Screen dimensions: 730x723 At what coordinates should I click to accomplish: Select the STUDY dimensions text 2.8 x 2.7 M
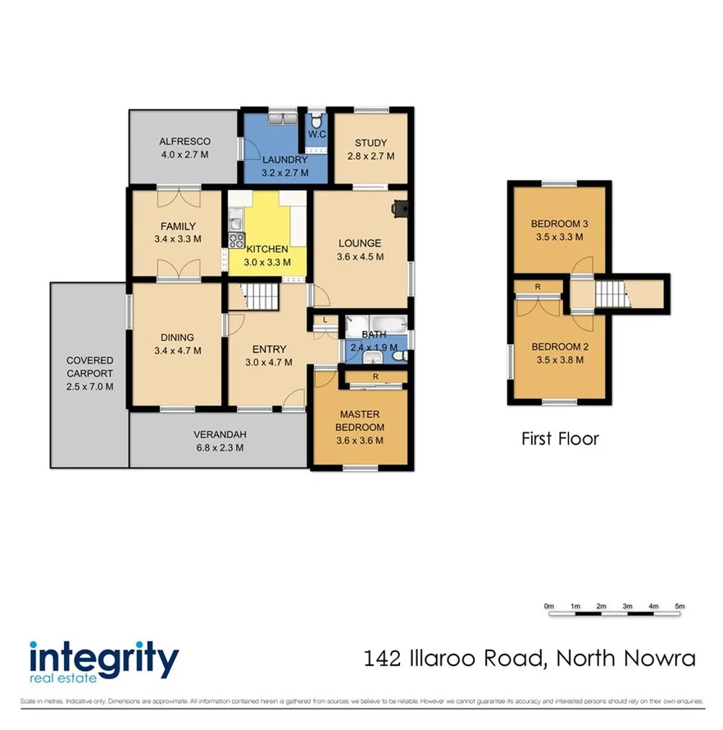click(x=371, y=156)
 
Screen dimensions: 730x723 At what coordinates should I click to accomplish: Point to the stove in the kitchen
click(x=236, y=241)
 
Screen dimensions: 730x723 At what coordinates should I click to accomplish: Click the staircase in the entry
click(x=263, y=296)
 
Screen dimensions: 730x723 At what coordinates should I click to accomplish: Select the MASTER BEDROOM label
click(x=360, y=421)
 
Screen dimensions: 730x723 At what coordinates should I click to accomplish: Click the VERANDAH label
click(x=220, y=434)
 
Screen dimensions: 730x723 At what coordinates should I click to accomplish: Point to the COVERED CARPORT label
click(x=90, y=366)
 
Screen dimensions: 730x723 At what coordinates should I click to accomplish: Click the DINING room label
click(x=177, y=337)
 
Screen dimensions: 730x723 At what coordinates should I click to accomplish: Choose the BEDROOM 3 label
click(x=557, y=224)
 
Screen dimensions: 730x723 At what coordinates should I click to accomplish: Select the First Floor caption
click(x=560, y=439)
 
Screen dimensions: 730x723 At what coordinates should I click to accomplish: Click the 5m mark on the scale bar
click(x=680, y=606)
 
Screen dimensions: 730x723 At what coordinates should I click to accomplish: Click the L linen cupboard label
click(x=325, y=320)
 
